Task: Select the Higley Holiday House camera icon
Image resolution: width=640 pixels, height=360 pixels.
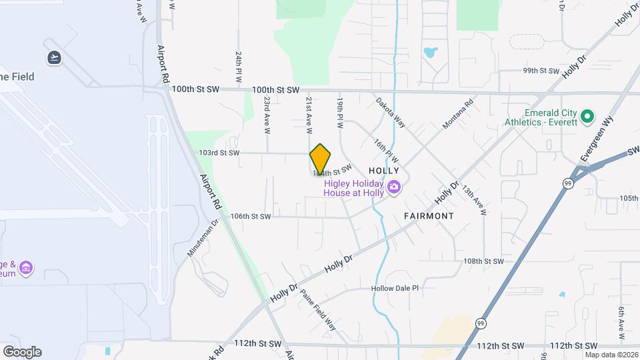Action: tap(394, 187)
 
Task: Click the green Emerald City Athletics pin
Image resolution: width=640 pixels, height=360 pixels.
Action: tap(587, 117)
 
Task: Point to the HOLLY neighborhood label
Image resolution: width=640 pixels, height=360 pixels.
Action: tap(383, 171)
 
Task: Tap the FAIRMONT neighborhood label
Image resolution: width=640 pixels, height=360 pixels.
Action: tap(429, 216)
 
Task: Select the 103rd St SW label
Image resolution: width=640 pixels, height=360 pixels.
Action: tap(219, 153)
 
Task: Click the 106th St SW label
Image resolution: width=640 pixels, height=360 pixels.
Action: tap(251, 216)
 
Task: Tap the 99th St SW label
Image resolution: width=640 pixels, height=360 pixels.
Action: tap(540, 70)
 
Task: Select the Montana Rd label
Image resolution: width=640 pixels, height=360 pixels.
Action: tap(458, 115)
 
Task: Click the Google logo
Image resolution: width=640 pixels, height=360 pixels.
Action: tap(22, 352)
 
